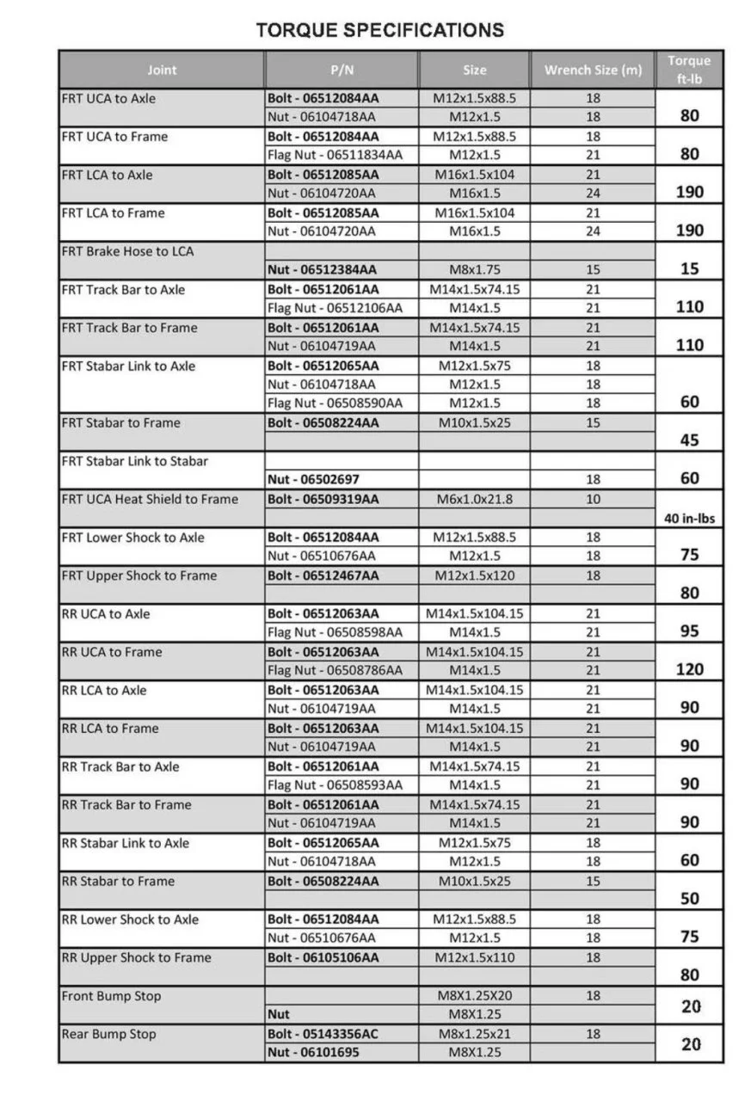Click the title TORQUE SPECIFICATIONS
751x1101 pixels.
pos(379,30)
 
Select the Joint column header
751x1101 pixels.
pos(162,70)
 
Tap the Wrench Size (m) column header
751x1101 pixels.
pos(593,70)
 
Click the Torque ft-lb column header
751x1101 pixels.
pos(689,69)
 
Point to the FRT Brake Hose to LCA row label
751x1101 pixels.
pos(127,251)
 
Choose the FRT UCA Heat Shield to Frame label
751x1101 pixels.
pos(150,499)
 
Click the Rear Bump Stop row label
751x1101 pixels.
pos(108,1034)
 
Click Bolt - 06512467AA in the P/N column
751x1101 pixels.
pos(323,575)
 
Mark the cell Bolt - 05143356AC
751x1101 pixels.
pos(323,1034)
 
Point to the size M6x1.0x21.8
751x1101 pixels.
pos(474,499)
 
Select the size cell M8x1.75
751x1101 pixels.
pos(474,269)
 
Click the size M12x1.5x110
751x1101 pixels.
pos(474,957)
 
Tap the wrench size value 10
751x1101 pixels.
pos(593,499)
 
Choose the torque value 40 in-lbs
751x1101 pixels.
pos(689,518)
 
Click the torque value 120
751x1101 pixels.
pos(689,669)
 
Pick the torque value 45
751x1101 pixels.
pos(689,440)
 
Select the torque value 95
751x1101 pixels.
pos(689,631)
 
